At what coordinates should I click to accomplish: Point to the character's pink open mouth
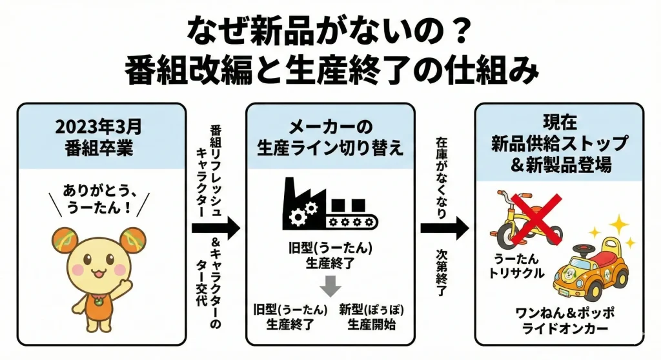(x=97, y=272)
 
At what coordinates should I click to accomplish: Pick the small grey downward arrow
(x=330, y=285)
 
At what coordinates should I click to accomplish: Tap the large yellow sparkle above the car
(x=620, y=225)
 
